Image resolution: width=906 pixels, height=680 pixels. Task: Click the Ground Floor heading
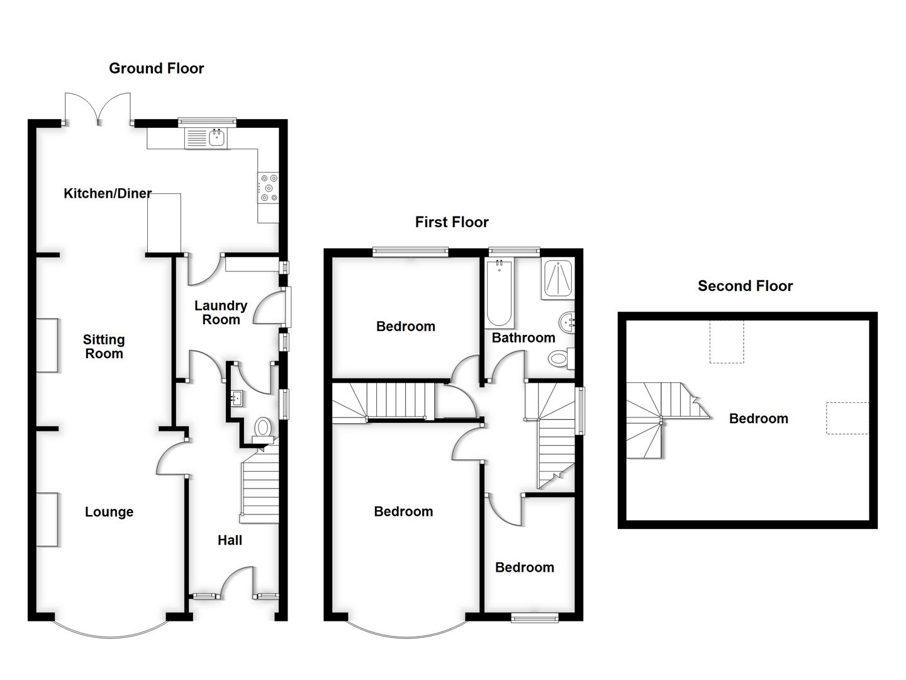click(x=156, y=68)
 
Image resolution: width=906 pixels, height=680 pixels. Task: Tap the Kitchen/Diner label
click(x=108, y=193)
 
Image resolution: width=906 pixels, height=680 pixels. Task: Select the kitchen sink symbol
click(x=208, y=138)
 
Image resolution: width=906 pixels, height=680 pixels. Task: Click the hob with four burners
click(x=268, y=188)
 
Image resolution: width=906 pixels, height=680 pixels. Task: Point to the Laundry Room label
click(x=220, y=312)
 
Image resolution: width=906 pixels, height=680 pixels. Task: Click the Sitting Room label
click(x=104, y=346)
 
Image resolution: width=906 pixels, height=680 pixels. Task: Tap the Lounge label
click(x=109, y=512)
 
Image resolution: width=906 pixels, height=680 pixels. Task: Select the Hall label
click(x=230, y=540)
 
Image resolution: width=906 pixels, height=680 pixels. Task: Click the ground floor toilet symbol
click(x=262, y=429)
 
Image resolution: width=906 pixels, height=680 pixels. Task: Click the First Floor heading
click(x=451, y=222)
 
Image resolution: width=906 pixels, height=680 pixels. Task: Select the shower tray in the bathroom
click(x=557, y=279)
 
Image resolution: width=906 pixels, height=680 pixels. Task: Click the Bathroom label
click(x=523, y=337)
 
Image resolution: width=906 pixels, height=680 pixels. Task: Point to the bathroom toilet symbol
click(x=560, y=360)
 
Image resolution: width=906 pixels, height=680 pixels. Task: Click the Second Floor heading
click(x=745, y=286)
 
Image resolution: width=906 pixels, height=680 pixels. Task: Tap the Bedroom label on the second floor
click(x=758, y=419)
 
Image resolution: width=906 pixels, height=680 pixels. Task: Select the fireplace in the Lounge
click(x=47, y=519)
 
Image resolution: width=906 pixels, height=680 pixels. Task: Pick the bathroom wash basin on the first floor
click(x=568, y=323)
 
